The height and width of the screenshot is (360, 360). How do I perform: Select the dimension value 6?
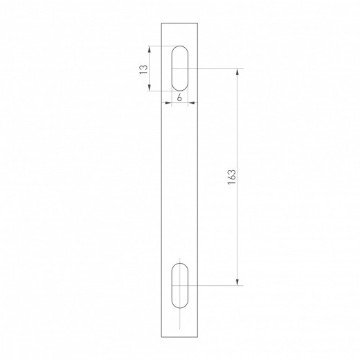[179, 98]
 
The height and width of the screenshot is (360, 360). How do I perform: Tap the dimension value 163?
[231, 177]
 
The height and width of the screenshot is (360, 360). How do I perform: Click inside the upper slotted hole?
[179, 68]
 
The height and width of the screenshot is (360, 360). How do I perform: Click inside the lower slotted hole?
[179, 285]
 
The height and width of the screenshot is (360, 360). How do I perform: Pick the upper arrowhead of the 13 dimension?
[150, 49]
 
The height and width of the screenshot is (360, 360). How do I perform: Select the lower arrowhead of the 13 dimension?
[150, 87]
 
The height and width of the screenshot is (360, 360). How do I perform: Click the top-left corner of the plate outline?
[161, 24]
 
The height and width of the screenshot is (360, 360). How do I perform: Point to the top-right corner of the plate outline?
[198, 24]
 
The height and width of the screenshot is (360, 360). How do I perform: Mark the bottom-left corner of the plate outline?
[161, 337]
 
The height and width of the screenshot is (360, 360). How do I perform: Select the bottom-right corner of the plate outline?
[198, 337]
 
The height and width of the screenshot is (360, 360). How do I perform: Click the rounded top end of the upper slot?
[179, 47]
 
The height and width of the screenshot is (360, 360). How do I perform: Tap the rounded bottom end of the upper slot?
[179, 89]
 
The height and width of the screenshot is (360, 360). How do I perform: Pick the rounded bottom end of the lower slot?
[179, 305]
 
